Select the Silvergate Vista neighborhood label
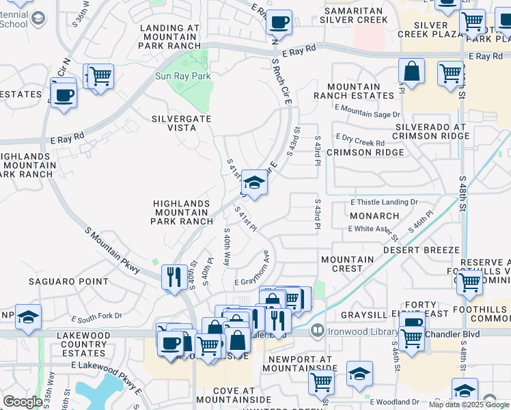(x=181, y=123)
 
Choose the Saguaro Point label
(x=68, y=281)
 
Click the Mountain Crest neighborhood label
(x=347, y=264)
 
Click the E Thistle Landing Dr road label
(x=383, y=202)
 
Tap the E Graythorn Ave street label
(x=256, y=280)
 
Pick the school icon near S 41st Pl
(x=253, y=183)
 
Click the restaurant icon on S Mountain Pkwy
(x=174, y=277)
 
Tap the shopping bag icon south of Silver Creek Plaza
(x=412, y=71)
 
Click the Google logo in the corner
(x=23, y=402)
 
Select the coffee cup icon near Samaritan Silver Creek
(x=279, y=23)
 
